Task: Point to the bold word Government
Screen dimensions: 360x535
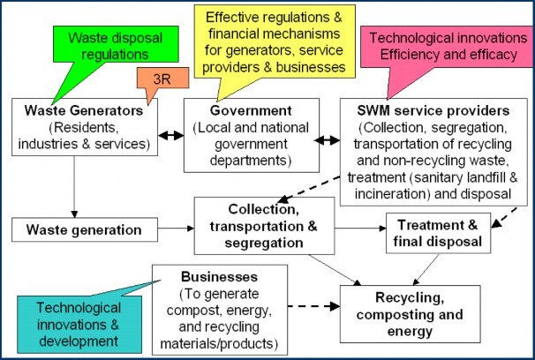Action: [x=250, y=112]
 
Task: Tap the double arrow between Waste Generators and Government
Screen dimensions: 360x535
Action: [x=170, y=136]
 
